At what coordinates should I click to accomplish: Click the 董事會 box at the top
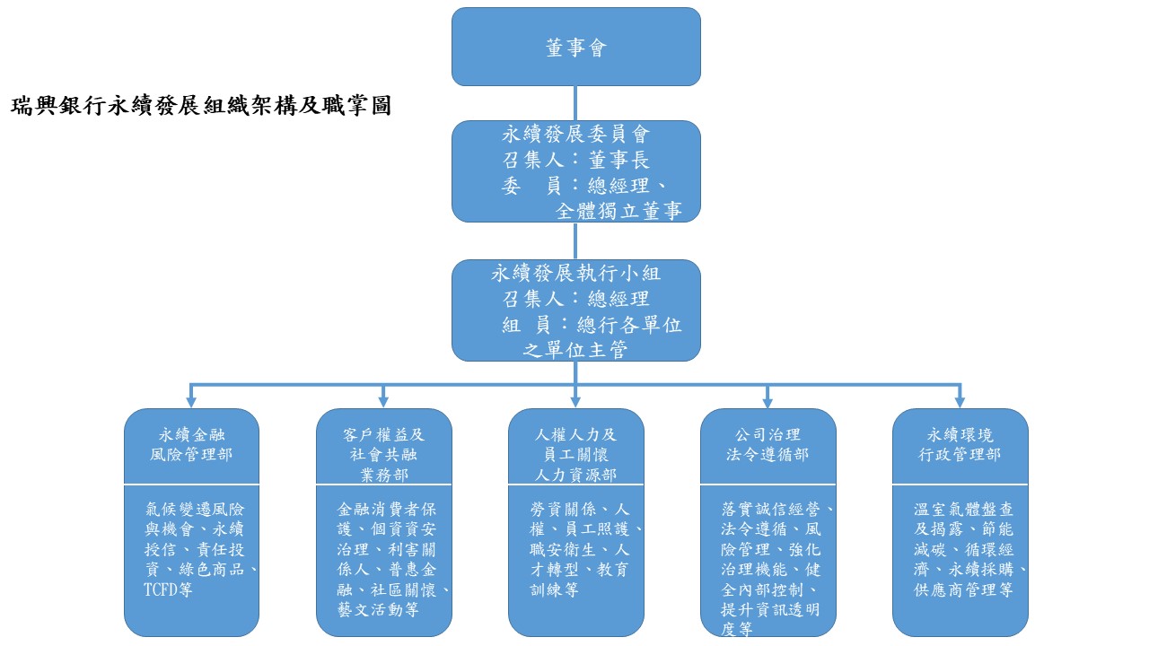(x=575, y=48)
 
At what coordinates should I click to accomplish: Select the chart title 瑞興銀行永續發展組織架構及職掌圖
(x=201, y=106)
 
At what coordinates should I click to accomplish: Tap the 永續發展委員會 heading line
(x=575, y=135)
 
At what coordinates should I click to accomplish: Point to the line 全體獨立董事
(x=618, y=211)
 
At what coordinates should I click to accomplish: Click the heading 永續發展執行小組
(x=575, y=272)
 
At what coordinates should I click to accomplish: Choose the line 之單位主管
(x=575, y=350)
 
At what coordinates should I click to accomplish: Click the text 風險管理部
(x=191, y=455)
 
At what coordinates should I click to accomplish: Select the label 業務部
(x=383, y=475)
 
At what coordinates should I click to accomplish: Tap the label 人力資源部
(x=575, y=475)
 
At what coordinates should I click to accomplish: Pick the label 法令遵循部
(x=767, y=455)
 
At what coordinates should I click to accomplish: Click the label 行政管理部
(x=960, y=455)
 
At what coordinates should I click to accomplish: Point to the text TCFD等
(x=169, y=589)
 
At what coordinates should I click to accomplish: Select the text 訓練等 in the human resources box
(x=554, y=589)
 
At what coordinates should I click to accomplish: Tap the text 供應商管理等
(x=963, y=589)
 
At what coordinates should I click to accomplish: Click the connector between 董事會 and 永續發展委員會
(x=575, y=103)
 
